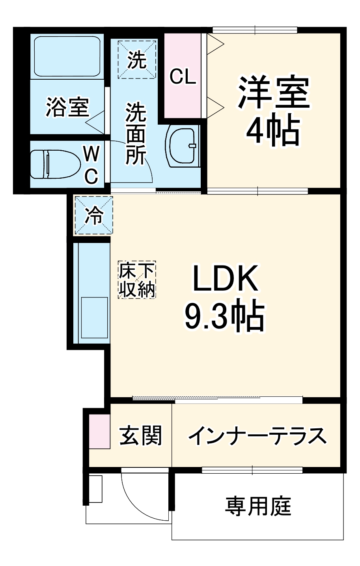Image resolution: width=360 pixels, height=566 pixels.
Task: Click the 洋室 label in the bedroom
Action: point(273,93)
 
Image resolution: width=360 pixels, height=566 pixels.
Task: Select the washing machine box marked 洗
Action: point(137,60)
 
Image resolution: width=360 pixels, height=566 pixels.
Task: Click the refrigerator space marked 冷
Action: point(94,216)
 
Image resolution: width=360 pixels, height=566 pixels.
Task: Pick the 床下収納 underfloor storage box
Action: point(137,279)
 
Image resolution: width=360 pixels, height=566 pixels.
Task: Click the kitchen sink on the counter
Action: point(94,318)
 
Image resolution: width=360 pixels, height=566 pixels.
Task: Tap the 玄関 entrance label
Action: point(141,435)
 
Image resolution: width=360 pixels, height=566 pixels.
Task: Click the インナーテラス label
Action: point(257,435)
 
